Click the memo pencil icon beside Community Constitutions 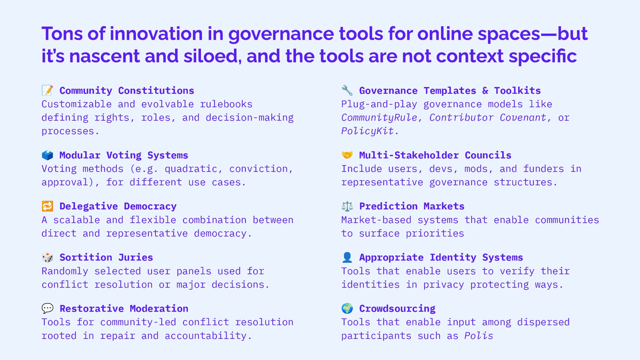[x=47, y=90]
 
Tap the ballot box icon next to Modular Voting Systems [x=47, y=155]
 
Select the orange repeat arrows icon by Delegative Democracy [x=47, y=206]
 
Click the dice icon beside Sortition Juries [x=47, y=257]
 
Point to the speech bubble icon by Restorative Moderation [x=47, y=308]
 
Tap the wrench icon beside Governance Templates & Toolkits [x=347, y=90]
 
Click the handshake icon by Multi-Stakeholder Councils [x=347, y=155]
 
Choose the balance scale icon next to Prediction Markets [x=347, y=206]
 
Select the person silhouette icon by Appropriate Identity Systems [x=347, y=257]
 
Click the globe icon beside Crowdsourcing [x=347, y=308]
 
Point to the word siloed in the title [x=213, y=56]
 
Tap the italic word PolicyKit [x=368, y=131]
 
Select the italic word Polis [x=479, y=336]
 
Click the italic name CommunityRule [x=380, y=118]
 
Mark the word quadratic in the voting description [x=191, y=169]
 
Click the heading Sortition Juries [x=106, y=257]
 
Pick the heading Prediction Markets [x=412, y=206]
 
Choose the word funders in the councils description [x=543, y=169]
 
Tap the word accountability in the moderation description [x=205, y=336]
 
